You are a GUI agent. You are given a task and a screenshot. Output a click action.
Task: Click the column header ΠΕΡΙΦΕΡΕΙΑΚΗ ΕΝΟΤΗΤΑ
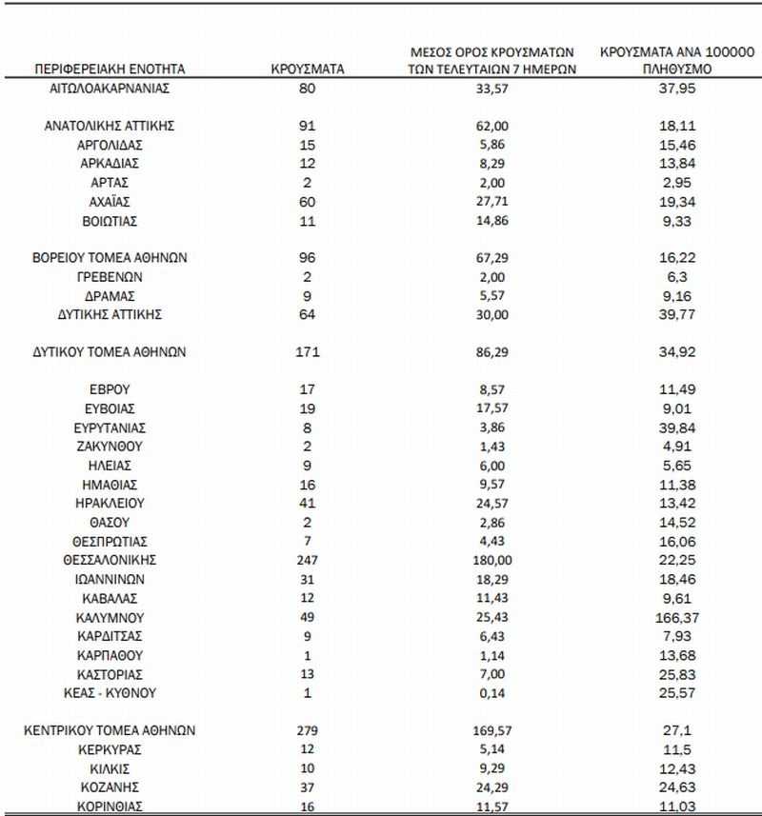(x=110, y=70)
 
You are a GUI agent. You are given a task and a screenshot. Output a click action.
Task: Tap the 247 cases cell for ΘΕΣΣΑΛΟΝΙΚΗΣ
(x=306, y=560)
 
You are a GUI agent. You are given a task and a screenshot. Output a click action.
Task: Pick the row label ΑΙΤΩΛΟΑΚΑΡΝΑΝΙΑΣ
(x=110, y=88)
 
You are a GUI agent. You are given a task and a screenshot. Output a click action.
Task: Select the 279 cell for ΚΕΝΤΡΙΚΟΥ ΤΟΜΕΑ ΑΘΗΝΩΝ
(x=306, y=730)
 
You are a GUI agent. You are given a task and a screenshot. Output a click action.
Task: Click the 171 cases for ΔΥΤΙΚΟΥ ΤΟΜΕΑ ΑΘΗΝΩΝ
(x=306, y=351)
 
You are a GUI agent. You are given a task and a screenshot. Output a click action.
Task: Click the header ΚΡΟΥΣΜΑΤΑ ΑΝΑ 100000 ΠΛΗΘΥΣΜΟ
(x=678, y=61)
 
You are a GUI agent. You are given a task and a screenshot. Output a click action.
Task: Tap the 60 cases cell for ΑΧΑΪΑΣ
(x=306, y=201)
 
